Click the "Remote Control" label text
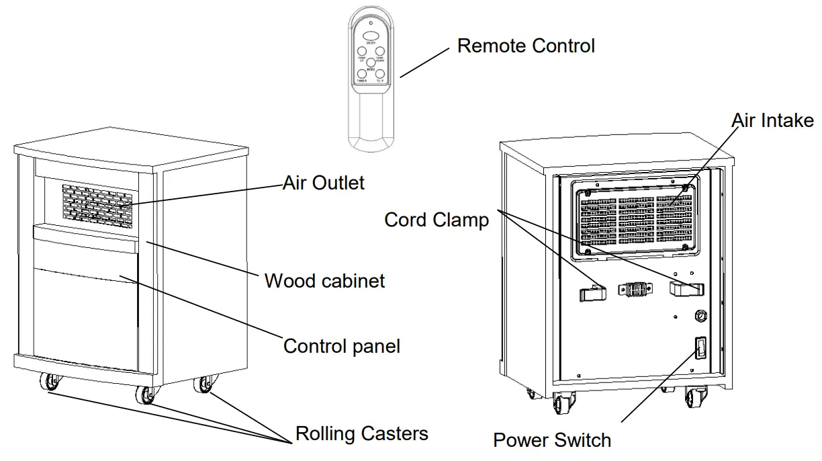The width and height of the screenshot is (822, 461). [x=526, y=46]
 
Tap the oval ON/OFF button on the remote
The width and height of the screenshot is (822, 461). [x=370, y=36]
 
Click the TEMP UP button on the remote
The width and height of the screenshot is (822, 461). [x=361, y=51]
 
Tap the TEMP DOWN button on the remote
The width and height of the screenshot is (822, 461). [x=379, y=51]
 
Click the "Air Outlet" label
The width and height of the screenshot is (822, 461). [x=324, y=182]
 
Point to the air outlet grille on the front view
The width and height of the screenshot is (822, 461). [x=93, y=203]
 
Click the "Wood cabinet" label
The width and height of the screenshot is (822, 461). [x=324, y=280]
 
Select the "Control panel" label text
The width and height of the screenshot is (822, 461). [x=341, y=346]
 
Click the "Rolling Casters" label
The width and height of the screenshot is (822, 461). [x=361, y=433]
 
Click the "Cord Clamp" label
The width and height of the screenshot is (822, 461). [x=437, y=220]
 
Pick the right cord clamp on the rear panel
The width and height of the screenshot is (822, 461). [x=686, y=289]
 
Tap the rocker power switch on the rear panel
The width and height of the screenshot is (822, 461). [x=700, y=348]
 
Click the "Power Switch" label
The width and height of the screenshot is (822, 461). [x=552, y=440]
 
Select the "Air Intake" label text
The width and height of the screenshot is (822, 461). [x=772, y=120]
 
